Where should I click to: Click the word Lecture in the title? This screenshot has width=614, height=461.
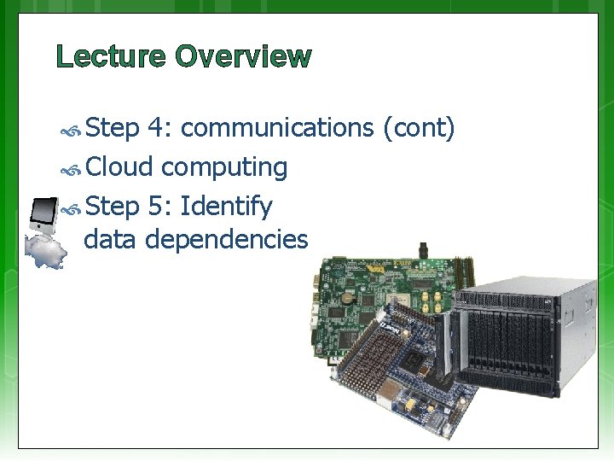112,57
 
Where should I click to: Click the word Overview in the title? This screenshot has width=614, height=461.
244,57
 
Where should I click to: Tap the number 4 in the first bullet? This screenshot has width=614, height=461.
158,128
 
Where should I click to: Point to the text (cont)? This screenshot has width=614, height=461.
418,128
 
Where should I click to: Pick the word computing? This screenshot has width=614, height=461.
224,167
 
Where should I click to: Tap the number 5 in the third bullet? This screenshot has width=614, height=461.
158,206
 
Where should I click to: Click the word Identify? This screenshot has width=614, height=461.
227,206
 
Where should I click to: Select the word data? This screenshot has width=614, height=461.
112,240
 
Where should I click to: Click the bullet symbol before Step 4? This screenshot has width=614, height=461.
73,130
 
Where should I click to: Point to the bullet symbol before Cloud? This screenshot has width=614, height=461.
73,168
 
